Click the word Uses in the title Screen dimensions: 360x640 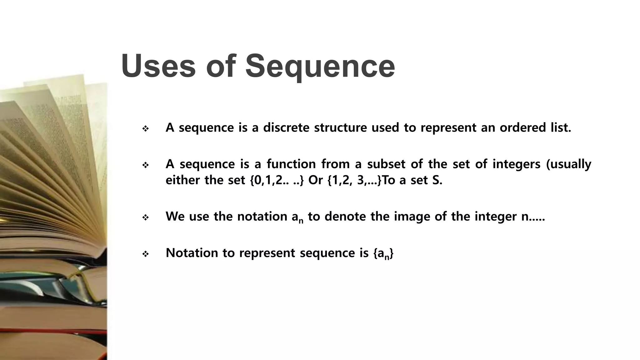(158, 66)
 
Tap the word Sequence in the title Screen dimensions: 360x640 (320, 66)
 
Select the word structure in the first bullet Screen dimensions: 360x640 (340, 127)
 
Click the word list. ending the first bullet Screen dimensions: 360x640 (561, 127)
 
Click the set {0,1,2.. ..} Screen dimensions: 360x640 (277, 180)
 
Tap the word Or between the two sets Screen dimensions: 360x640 (315, 180)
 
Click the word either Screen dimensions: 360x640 (182, 180)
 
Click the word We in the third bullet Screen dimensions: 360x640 (175, 216)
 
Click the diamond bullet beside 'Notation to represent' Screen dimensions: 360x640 (145, 254)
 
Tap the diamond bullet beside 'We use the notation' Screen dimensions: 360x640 (145, 217)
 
